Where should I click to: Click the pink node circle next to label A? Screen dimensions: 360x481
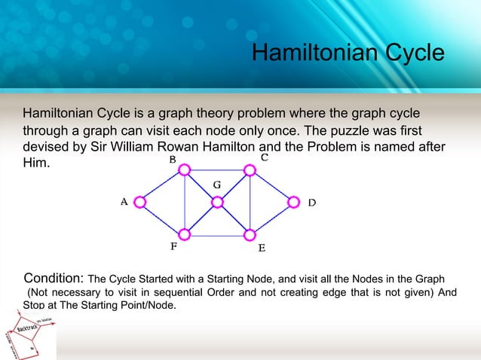tap(139, 202)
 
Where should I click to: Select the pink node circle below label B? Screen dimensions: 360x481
tap(185, 170)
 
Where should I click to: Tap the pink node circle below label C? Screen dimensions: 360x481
tap(250, 170)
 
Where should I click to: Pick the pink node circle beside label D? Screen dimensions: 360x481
tap(293, 202)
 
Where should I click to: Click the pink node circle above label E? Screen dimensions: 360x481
tap(250, 233)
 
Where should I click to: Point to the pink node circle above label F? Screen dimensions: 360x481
tap(185, 233)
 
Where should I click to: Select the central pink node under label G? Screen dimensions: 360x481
tap(217, 202)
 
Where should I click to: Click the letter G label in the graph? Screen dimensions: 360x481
tap(216, 185)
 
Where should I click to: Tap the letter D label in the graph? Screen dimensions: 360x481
tap(311, 203)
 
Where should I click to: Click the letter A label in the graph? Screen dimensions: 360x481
tap(124, 202)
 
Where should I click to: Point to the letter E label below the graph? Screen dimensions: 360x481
tap(261, 247)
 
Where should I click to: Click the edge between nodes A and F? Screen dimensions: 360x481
tap(162, 218)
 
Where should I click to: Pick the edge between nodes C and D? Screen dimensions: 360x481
tap(271, 186)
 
